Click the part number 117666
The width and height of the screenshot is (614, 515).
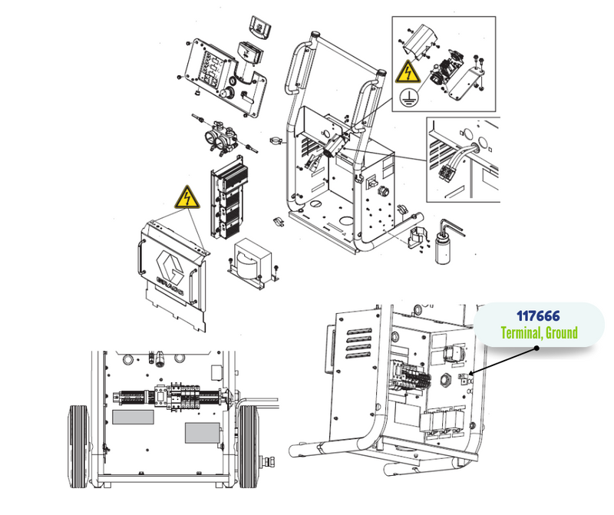point(538,316)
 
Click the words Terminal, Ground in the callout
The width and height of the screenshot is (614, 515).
point(540,333)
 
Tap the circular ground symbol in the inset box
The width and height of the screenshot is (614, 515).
point(408,97)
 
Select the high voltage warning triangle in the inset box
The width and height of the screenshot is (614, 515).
point(408,72)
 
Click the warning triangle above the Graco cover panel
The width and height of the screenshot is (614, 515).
point(187,197)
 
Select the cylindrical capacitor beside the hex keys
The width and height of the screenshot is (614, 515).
point(444,247)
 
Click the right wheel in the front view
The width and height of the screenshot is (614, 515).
point(248,446)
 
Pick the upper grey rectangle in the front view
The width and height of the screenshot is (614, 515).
point(133,417)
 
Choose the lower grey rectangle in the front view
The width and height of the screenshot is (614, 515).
point(202,433)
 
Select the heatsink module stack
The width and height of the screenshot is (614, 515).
point(229,198)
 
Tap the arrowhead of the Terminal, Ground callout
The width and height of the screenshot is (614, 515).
point(472,373)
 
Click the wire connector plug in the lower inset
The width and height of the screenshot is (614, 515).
point(447,173)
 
